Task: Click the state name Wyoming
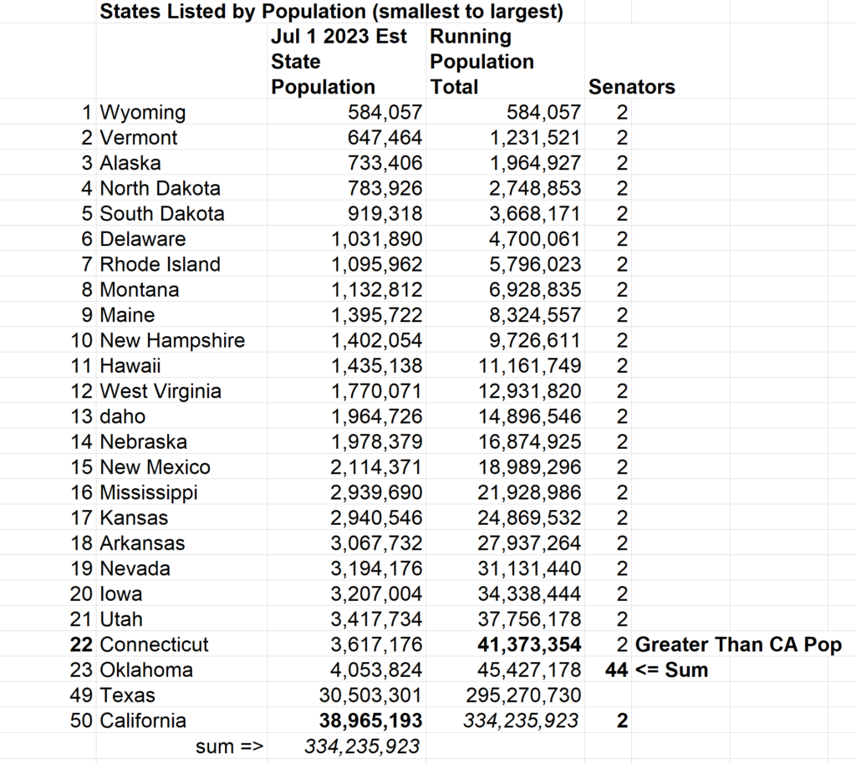[x=142, y=112]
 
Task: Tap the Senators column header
[x=632, y=87]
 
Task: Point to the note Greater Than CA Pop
[x=739, y=644]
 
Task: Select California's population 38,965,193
[x=370, y=721]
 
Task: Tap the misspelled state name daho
[x=122, y=416]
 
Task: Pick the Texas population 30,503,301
[x=370, y=695]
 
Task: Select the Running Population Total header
[x=481, y=62]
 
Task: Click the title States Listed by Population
[x=331, y=12]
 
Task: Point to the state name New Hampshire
[x=172, y=340]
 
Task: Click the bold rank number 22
[x=83, y=644]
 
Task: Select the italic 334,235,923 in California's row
[x=520, y=721]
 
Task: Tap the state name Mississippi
[x=149, y=492]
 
